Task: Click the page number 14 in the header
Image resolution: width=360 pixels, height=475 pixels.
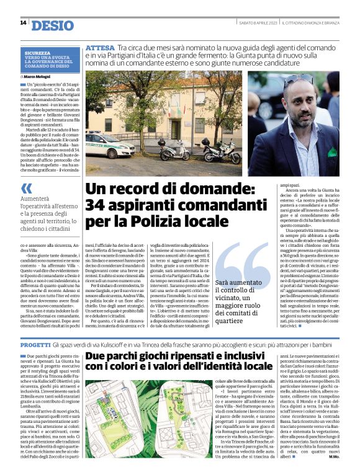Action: [x=23, y=23]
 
